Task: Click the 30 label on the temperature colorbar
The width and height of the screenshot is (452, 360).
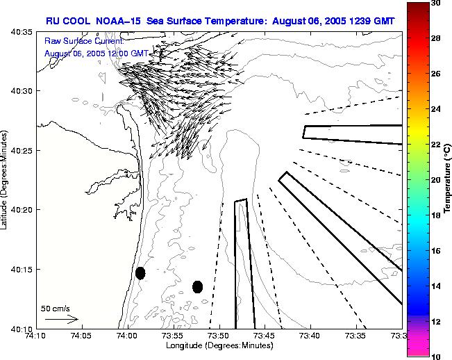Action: [435, 3]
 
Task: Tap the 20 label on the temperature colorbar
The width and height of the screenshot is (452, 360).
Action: [435, 179]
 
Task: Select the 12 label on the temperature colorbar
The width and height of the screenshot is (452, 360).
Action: [435, 321]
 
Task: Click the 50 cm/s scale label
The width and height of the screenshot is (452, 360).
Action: [56, 308]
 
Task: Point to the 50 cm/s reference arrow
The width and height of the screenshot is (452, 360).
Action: [61, 320]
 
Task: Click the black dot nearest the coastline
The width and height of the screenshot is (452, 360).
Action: [140, 272]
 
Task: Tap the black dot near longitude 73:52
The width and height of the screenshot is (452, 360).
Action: [197, 286]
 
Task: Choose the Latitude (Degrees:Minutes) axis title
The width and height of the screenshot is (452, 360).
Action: [6, 179]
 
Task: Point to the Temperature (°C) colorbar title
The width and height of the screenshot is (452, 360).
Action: [449, 179]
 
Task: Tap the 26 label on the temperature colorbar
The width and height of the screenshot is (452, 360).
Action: [435, 73]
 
